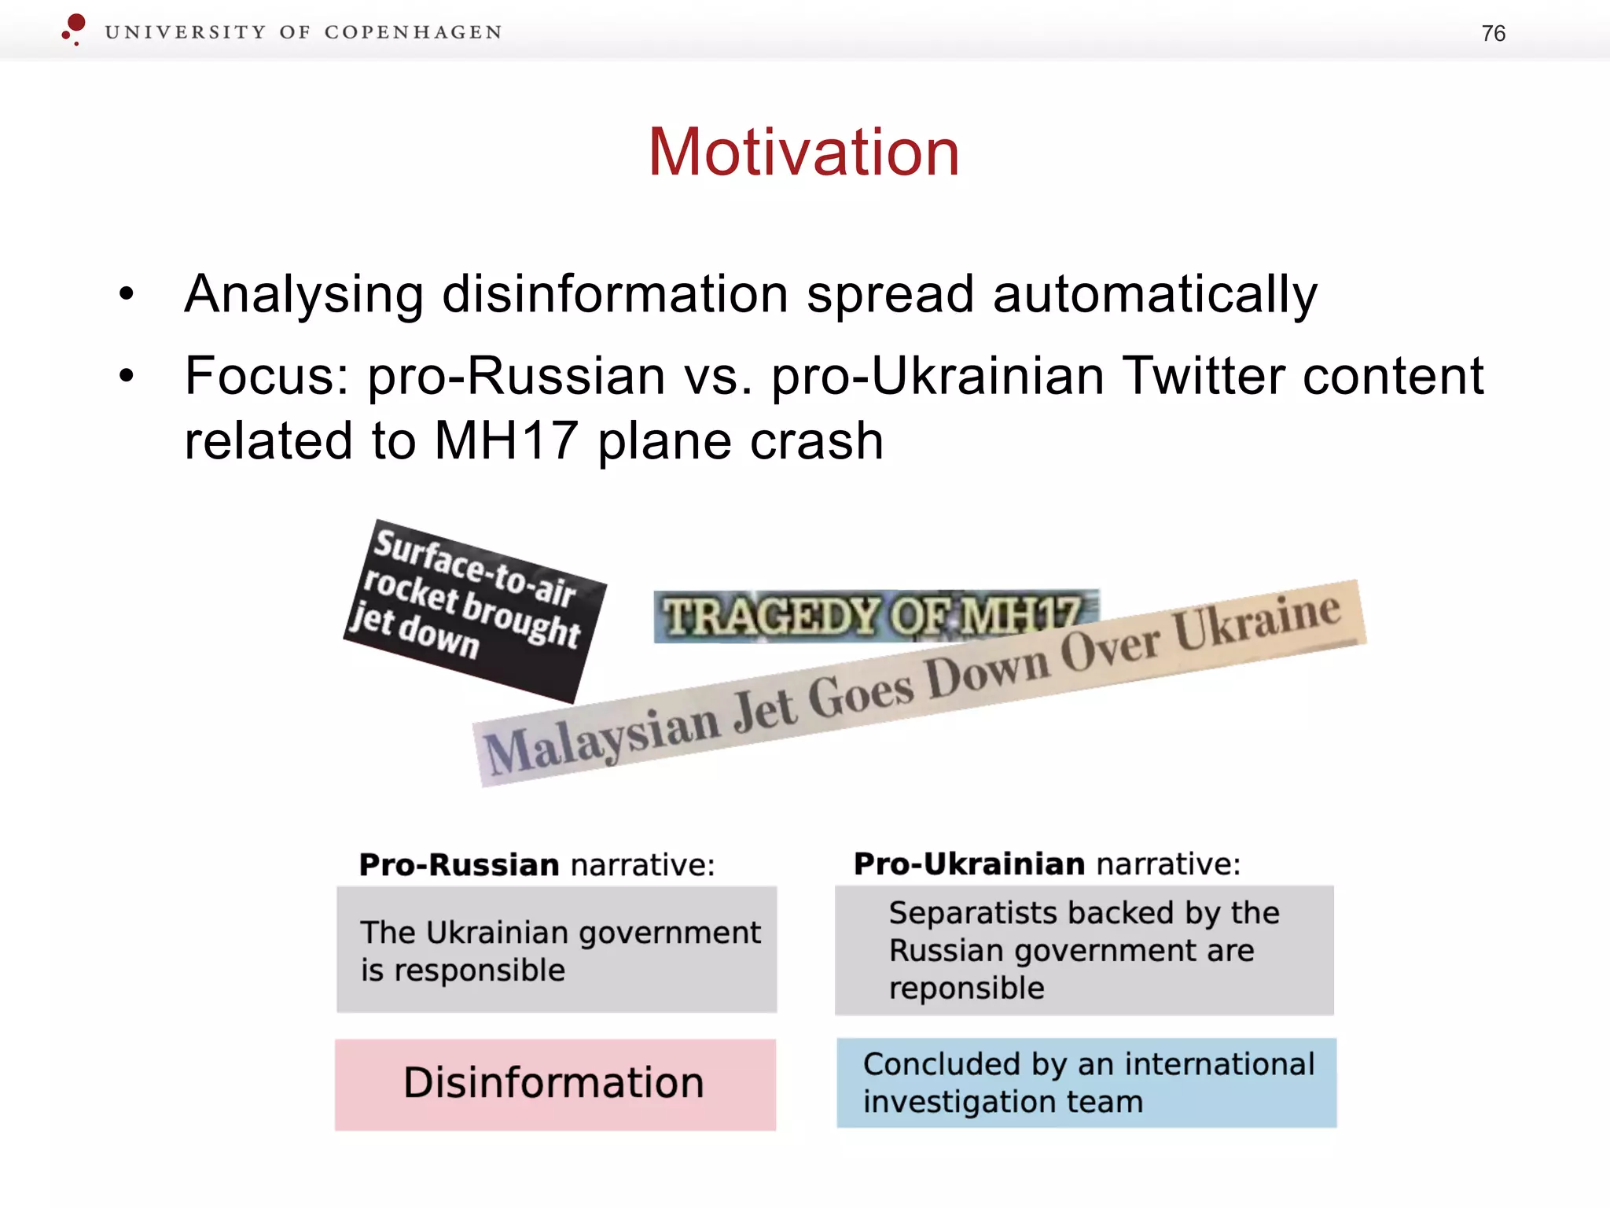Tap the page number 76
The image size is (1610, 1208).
(x=1493, y=33)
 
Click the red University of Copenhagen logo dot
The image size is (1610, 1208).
(x=75, y=24)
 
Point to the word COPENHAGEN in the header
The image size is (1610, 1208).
(x=413, y=32)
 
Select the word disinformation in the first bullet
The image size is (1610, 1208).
(x=615, y=295)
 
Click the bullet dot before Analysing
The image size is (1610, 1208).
(x=127, y=295)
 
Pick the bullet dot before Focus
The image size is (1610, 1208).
(x=127, y=376)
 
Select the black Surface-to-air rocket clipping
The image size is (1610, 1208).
(x=474, y=610)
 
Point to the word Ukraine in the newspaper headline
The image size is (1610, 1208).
(x=1255, y=623)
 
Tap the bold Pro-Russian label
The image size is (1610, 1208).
(x=459, y=865)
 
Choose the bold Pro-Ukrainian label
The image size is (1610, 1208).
(x=969, y=864)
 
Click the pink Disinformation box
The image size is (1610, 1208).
(x=554, y=1084)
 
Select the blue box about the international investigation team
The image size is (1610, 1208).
(x=1086, y=1083)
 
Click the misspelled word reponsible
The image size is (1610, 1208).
(x=966, y=989)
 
